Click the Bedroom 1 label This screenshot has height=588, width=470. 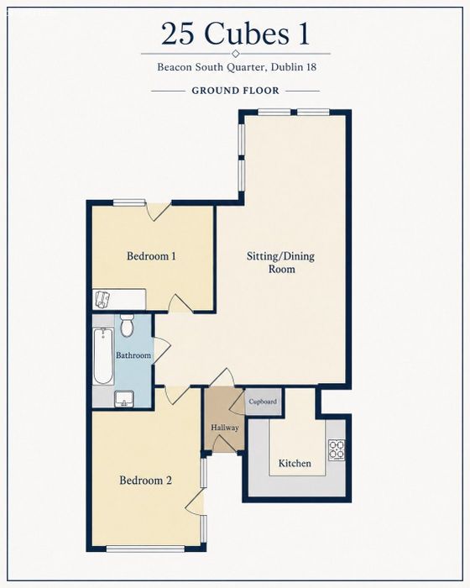tap(151, 256)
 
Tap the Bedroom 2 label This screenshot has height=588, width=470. tap(145, 480)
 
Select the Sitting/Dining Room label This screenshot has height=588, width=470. tap(280, 262)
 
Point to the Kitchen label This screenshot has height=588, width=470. tap(295, 464)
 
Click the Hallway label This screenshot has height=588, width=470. tap(224, 428)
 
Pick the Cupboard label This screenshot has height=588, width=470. tap(263, 402)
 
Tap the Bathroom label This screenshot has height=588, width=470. tap(133, 355)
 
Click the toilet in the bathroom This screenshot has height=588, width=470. tap(127, 325)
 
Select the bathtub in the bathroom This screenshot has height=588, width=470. tap(103, 356)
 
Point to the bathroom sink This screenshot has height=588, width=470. tap(124, 399)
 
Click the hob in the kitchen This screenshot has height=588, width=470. tap(337, 450)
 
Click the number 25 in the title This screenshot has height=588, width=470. tap(178, 34)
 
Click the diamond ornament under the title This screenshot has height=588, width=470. tap(235, 53)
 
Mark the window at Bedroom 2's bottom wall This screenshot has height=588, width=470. tap(145, 549)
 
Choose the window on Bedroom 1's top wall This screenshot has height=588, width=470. tap(129, 202)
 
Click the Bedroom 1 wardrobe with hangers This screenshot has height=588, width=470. tap(119, 299)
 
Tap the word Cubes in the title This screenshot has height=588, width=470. tap(247, 34)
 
